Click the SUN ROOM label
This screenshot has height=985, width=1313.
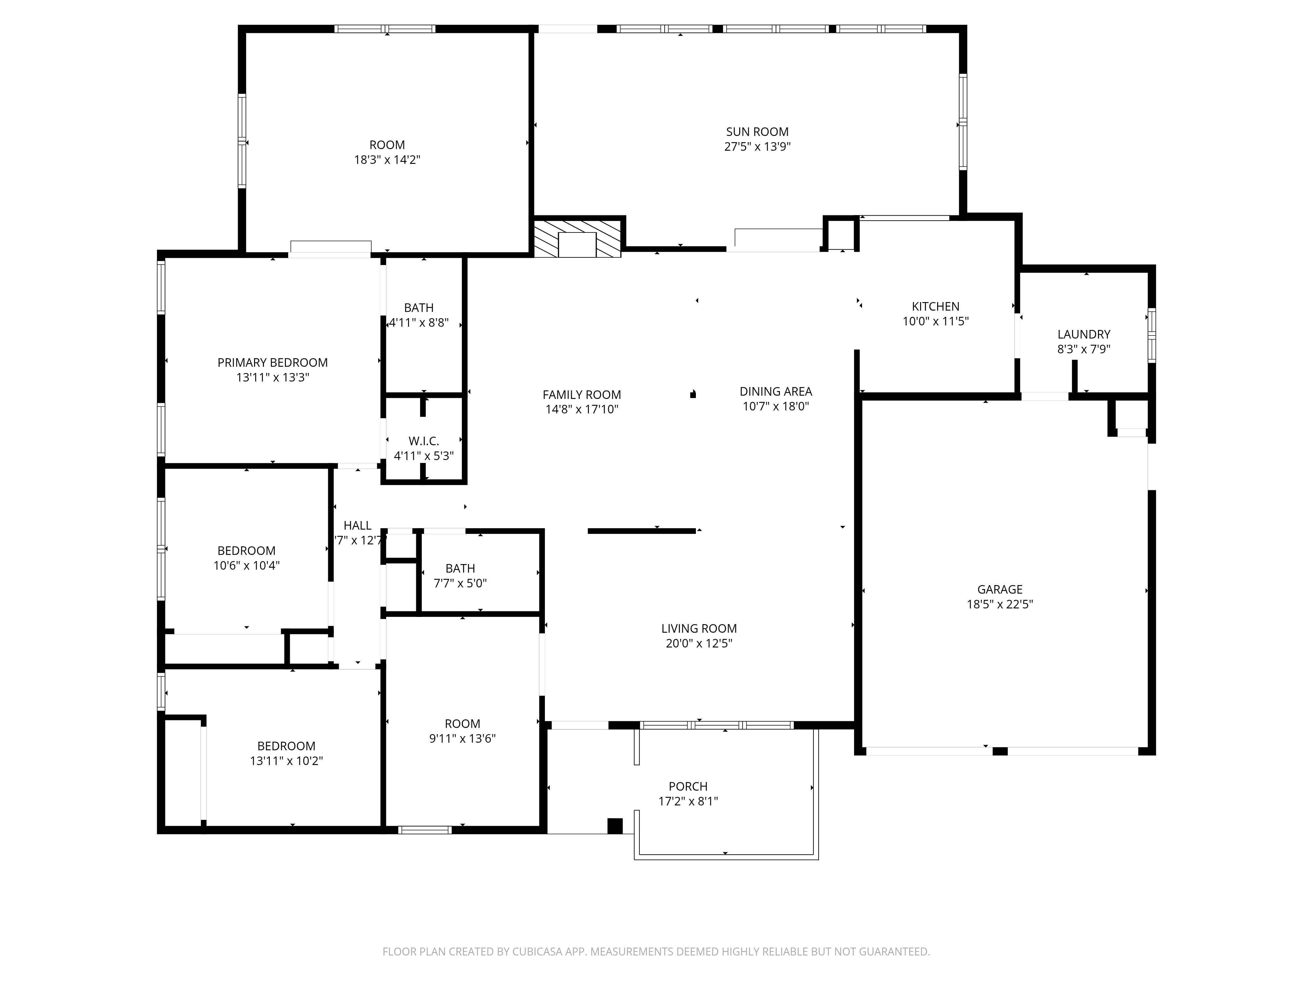(x=757, y=132)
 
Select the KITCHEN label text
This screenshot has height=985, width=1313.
(x=936, y=306)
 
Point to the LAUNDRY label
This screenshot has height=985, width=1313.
(x=1084, y=334)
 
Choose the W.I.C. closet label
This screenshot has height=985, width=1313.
(x=424, y=441)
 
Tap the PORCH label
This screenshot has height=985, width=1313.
(x=688, y=786)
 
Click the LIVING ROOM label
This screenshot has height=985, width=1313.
(x=699, y=628)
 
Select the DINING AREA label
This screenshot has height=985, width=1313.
(x=776, y=391)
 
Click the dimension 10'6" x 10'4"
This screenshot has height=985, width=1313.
(x=246, y=566)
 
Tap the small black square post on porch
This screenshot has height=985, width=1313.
(x=615, y=826)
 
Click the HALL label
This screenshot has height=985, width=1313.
(x=357, y=525)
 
